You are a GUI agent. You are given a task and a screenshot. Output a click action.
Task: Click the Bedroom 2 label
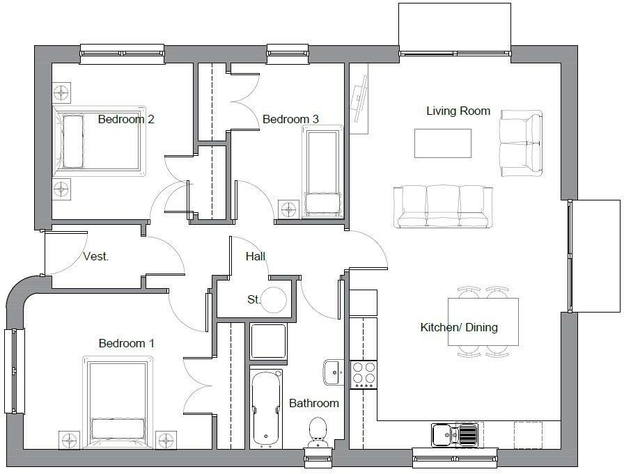126,119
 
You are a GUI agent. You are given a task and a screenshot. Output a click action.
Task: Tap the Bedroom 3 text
290,120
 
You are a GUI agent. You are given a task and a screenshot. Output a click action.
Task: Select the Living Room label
458,111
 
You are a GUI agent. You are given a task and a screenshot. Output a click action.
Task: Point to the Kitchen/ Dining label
459,327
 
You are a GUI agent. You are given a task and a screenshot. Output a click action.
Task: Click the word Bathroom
314,403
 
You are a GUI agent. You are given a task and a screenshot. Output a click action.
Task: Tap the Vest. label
95,256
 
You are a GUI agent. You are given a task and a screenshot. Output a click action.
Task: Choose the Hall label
256,256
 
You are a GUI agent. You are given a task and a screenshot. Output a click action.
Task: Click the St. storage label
253,300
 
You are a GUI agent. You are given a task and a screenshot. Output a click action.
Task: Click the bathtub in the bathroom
267,407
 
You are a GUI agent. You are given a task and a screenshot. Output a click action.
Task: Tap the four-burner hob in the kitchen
363,374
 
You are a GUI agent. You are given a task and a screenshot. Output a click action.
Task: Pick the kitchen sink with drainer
455,435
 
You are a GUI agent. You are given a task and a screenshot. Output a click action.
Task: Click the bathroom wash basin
331,372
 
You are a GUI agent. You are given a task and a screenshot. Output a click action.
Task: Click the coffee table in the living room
442,143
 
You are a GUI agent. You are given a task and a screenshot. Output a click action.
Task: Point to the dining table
483,322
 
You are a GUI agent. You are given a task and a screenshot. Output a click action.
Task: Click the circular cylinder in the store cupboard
274,300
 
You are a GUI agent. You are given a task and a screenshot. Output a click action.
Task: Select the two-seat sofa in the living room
520,143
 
